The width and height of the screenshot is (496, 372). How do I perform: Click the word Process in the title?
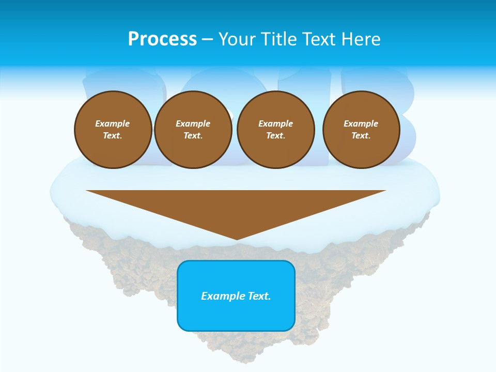[x=162, y=39]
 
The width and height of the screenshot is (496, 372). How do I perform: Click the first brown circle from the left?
[x=113, y=130]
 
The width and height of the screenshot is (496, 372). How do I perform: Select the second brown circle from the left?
[x=193, y=130]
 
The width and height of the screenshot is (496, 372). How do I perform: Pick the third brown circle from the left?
[x=276, y=130]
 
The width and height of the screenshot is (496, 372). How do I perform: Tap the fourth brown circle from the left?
[x=361, y=130]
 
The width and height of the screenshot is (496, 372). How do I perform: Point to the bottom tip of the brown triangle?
[x=237, y=240]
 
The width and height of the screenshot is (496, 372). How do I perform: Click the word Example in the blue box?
[x=222, y=296]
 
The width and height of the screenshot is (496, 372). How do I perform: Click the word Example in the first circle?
[x=113, y=123]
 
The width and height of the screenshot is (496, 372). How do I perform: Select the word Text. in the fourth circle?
[x=361, y=136]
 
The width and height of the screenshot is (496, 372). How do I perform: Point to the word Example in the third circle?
[x=276, y=123]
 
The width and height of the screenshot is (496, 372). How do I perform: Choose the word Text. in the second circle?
[x=193, y=136]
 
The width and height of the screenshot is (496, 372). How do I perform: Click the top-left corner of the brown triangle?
[x=87, y=191]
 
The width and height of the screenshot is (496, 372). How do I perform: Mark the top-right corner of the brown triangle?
[x=385, y=191]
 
